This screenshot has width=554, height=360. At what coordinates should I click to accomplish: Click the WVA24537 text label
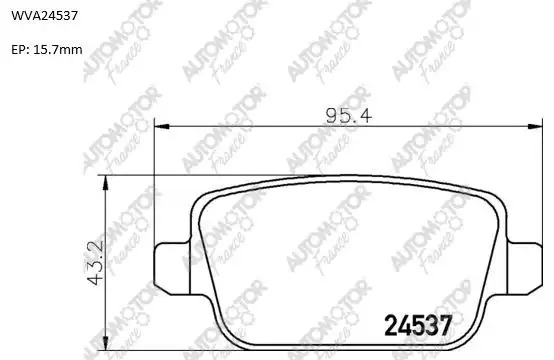tap(45, 16)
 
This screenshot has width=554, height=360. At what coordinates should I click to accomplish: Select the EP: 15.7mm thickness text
tap(47, 49)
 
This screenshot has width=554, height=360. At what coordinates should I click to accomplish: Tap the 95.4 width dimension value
tap(349, 116)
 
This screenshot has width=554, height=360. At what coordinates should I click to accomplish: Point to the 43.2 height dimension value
tap(95, 263)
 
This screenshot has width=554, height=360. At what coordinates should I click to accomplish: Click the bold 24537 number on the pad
tap(418, 325)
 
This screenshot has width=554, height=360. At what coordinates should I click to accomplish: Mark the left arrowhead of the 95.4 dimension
tap(162, 126)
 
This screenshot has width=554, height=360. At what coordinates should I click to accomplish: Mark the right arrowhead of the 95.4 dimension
tap(535, 126)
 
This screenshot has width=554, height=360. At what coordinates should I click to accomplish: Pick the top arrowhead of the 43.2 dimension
tap(105, 183)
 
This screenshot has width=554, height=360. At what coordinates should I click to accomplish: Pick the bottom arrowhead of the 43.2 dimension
tap(105, 343)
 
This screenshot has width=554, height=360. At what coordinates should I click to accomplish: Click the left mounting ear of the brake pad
tap(172, 268)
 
